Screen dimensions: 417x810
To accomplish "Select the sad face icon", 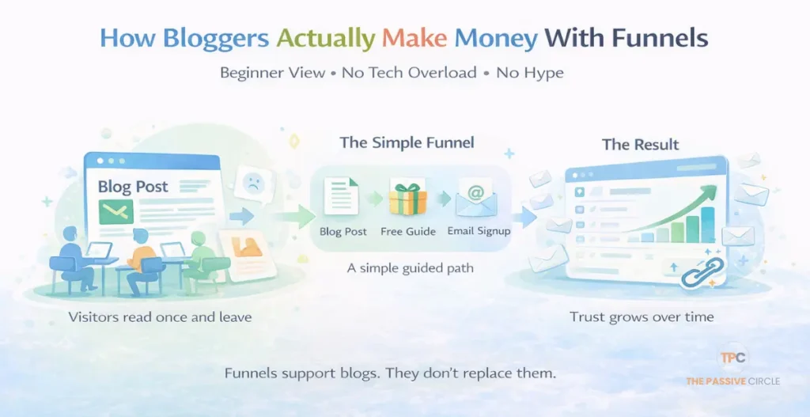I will (252, 183).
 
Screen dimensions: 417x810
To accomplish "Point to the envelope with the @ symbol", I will (476, 198).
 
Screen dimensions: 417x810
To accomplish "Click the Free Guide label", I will (408, 232).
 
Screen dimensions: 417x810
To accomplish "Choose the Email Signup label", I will (479, 231).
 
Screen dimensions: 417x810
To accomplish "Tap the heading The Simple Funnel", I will (407, 143).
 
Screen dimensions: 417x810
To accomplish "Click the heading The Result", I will (640, 145).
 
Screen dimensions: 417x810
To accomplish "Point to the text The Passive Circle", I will (732, 381).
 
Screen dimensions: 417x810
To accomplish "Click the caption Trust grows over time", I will (642, 317).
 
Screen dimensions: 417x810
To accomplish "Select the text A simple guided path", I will (411, 268).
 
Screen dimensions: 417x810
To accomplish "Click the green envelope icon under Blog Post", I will (115, 210).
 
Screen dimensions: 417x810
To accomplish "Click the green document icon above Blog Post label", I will (342, 197).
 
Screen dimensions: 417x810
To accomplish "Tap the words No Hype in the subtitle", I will (530, 73).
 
